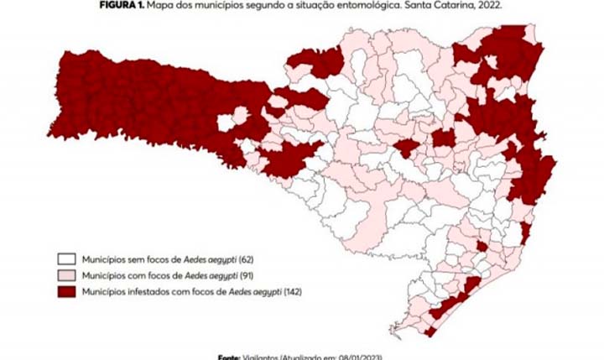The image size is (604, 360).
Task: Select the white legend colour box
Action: pos(66,258)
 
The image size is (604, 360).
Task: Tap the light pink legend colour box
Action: pos(66,274)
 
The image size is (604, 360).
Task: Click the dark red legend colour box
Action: pos(66,291)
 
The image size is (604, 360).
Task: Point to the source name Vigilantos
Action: pos(262,356)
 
